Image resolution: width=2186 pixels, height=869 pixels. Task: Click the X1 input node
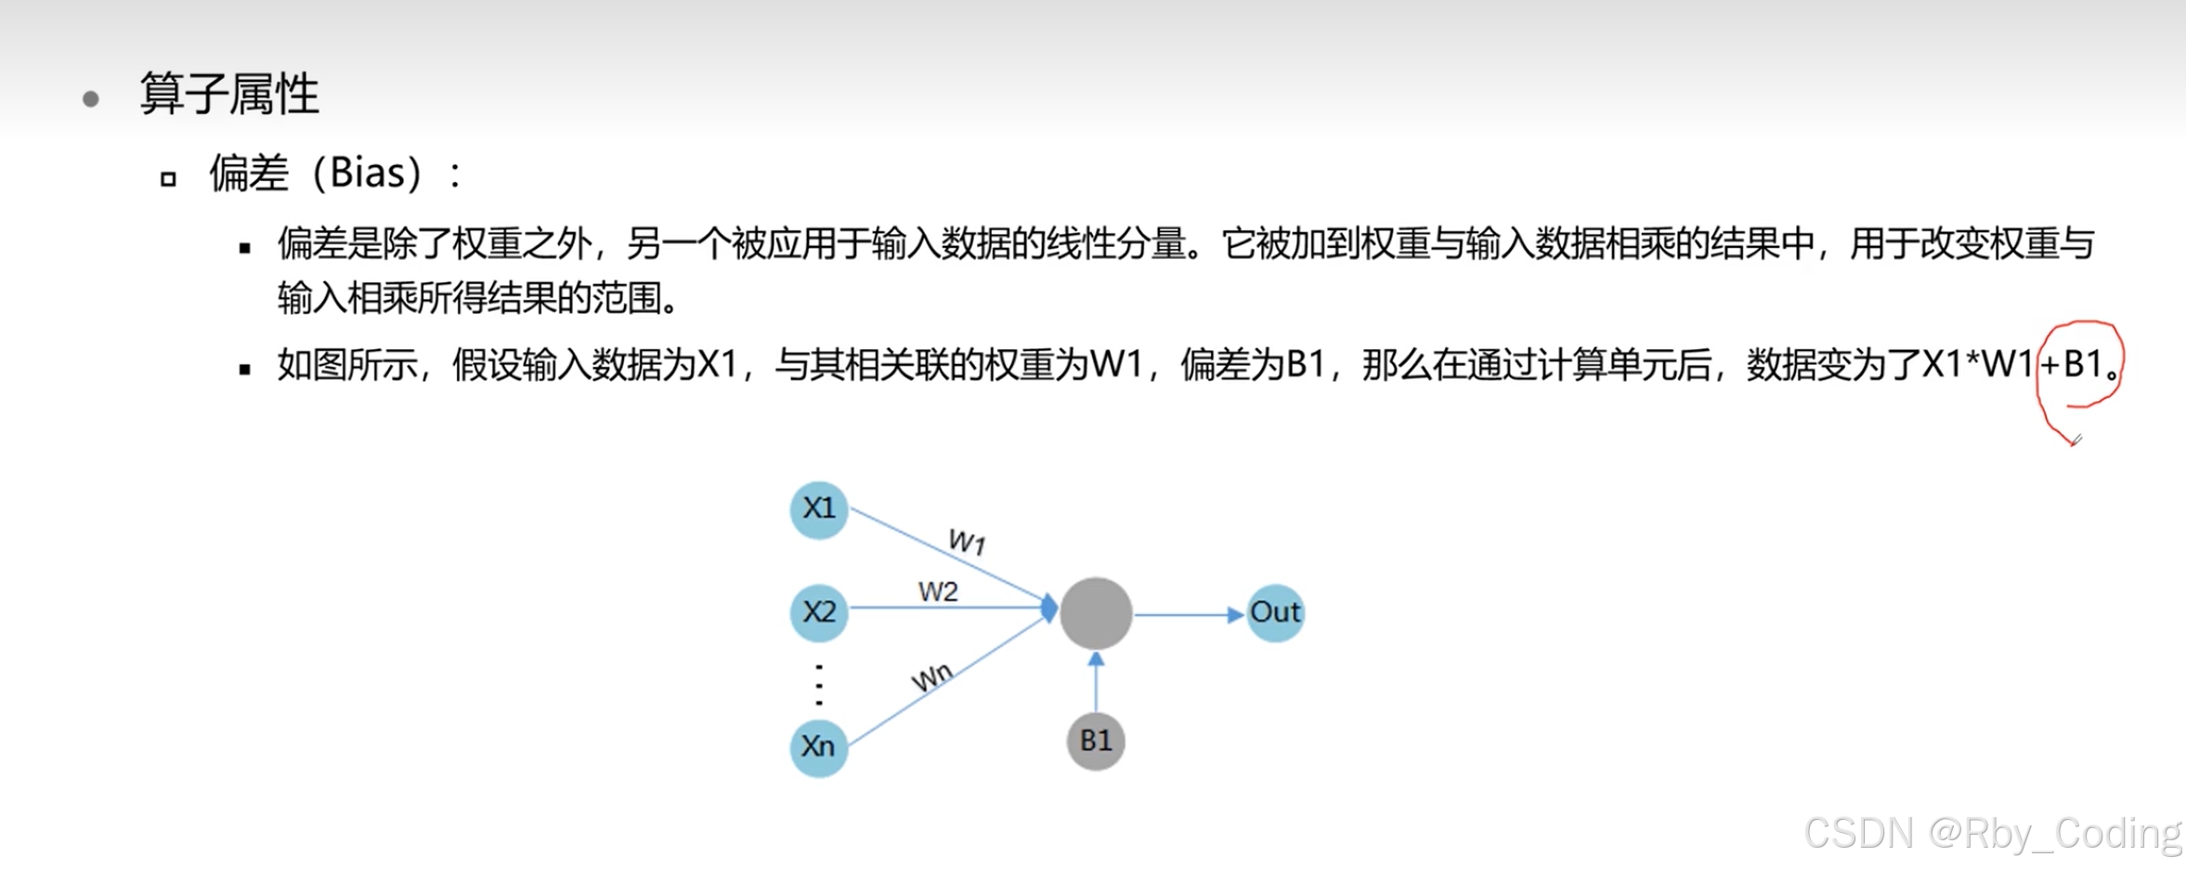point(818,509)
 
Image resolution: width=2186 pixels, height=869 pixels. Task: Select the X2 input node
point(818,612)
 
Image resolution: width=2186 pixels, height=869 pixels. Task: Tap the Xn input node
point(818,746)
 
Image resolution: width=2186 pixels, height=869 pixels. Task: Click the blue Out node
point(1275,613)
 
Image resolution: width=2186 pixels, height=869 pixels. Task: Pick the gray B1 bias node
point(1096,741)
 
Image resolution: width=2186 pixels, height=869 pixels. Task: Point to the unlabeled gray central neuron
point(1096,613)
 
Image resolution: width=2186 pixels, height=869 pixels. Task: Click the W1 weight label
point(967,541)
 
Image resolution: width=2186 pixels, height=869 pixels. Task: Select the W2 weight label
point(938,591)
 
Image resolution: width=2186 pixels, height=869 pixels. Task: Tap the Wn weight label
point(931,676)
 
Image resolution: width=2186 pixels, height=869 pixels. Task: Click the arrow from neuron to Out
point(1189,615)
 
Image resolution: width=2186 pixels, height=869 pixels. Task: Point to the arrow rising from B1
point(1096,682)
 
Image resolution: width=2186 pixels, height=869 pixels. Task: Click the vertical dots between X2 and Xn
point(818,684)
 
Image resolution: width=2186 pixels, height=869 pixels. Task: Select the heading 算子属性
point(229,95)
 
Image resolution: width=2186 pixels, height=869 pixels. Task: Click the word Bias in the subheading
point(368,173)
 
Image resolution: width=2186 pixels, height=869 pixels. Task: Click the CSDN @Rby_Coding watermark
point(1992,833)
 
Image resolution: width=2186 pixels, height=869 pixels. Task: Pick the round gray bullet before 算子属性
point(90,98)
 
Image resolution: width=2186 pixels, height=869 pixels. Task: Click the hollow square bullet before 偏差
point(168,178)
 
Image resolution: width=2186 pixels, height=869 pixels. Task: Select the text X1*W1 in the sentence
point(1978,365)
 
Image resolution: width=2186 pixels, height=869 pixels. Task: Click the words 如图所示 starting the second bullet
point(347,365)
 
